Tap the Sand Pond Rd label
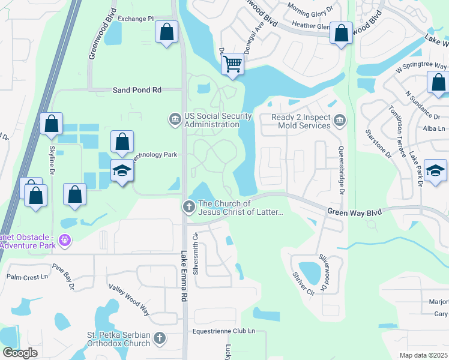[137, 90]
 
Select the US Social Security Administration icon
[175, 118]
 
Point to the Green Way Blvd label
[354, 212]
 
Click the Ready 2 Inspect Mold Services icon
[340, 119]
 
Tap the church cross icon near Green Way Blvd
[188, 207]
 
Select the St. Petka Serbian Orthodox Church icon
[160, 338]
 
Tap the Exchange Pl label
[135, 19]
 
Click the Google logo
[20, 353]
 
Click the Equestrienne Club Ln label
[223, 331]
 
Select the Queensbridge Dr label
[341, 170]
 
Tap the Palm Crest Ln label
[27, 277]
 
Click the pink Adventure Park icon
[65, 242]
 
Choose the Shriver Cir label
[303, 283]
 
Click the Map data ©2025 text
[423, 355]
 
